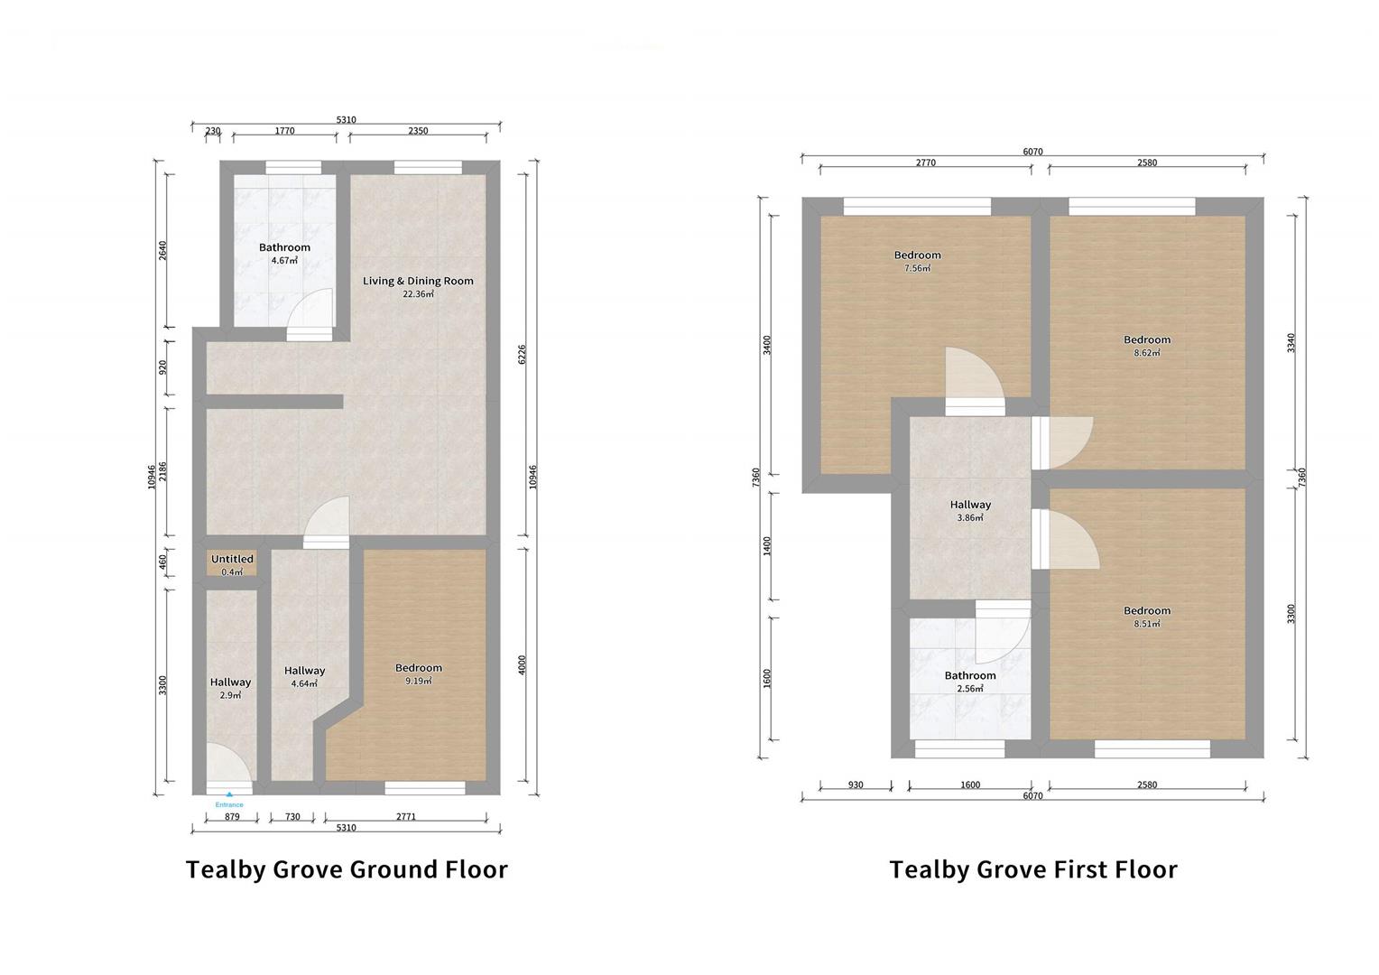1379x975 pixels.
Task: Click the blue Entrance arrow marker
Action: click(229, 794)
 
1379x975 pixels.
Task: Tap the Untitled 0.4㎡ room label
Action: click(232, 564)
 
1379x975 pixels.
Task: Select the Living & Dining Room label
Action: click(418, 286)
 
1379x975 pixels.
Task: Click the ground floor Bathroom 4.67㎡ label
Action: click(284, 253)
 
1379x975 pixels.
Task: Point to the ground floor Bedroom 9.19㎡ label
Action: click(419, 673)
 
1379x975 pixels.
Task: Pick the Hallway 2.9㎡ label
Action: click(230, 688)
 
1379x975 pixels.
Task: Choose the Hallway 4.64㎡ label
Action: click(304, 676)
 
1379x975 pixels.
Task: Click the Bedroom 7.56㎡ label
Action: click(917, 261)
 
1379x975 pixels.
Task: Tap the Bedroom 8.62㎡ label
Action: click(1146, 346)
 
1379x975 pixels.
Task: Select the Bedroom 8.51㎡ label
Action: click(1146, 617)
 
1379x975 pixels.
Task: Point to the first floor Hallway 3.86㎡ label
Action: click(970, 511)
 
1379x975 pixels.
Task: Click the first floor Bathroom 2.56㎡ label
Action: click(970, 682)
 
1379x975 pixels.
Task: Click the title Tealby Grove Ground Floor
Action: click(347, 869)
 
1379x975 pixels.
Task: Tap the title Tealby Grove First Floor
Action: click(1033, 869)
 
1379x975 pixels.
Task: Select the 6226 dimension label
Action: click(522, 354)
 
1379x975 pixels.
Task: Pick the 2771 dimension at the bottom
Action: click(406, 817)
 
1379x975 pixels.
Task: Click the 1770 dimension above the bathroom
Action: click(284, 131)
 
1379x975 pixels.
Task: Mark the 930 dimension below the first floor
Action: click(855, 785)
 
